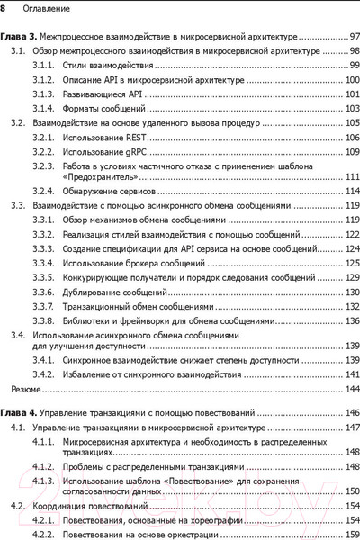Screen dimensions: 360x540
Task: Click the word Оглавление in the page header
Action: (40, 8)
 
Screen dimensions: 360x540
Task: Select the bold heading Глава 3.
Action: (21, 39)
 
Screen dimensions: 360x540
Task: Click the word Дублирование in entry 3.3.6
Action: (94, 292)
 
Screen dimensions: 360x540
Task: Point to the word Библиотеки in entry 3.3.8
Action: (91, 321)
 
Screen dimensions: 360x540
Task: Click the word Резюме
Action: (24, 390)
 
